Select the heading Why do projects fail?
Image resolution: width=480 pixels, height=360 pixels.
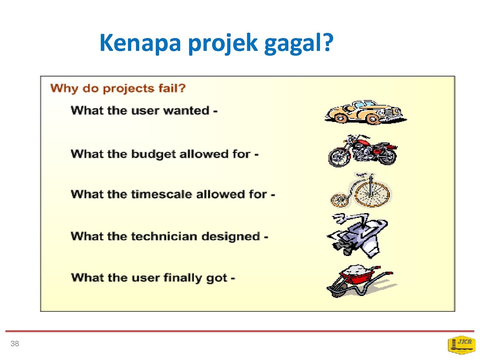pyautogui.click(x=118, y=88)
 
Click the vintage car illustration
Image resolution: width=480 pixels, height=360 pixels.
pyautogui.click(x=366, y=112)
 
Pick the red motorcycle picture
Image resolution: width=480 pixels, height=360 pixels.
pyautogui.click(x=363, y=151)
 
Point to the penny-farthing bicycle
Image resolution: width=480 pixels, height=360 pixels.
pyautogui.click(x=361, y=190)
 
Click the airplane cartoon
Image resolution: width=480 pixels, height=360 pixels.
pyautogui.click(x=357, y=236)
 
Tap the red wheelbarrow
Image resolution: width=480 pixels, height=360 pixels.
pyautogui.click(x=361, y=282)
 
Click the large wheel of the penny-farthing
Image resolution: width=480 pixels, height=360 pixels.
pyautogui.click(x=372, y=194)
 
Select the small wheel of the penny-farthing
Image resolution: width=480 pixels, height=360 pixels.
pyautogui.click(x=339, y=200)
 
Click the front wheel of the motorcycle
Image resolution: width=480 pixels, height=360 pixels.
pyautogui.click(x=340, y=157)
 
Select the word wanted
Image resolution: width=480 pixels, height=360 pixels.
pyautogui.click(x=186, y=111)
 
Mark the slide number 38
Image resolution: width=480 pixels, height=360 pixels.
pyautogui.click(x=15, y=344)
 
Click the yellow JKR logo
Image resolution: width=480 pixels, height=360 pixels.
pyautogui.click(x=461, y=345)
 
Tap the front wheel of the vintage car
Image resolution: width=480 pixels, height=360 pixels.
pyautogui.click(x=373, y=119)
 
